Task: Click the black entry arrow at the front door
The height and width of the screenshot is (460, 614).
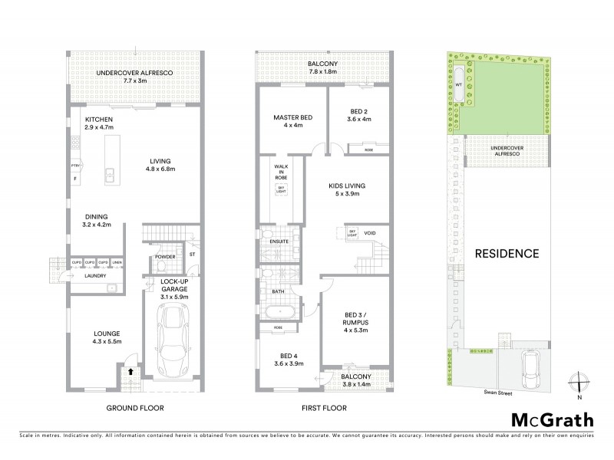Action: (x=130, y=370)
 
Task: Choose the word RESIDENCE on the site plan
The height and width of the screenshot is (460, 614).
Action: (x=506, y=253)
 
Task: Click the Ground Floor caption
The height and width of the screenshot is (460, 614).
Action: (x=135, y=408)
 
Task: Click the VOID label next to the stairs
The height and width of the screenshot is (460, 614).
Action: (x=371, y=232)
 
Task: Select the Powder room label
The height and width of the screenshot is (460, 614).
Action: (x=165, y=257)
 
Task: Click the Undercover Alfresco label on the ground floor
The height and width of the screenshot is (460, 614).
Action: (x=134, y=73)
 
